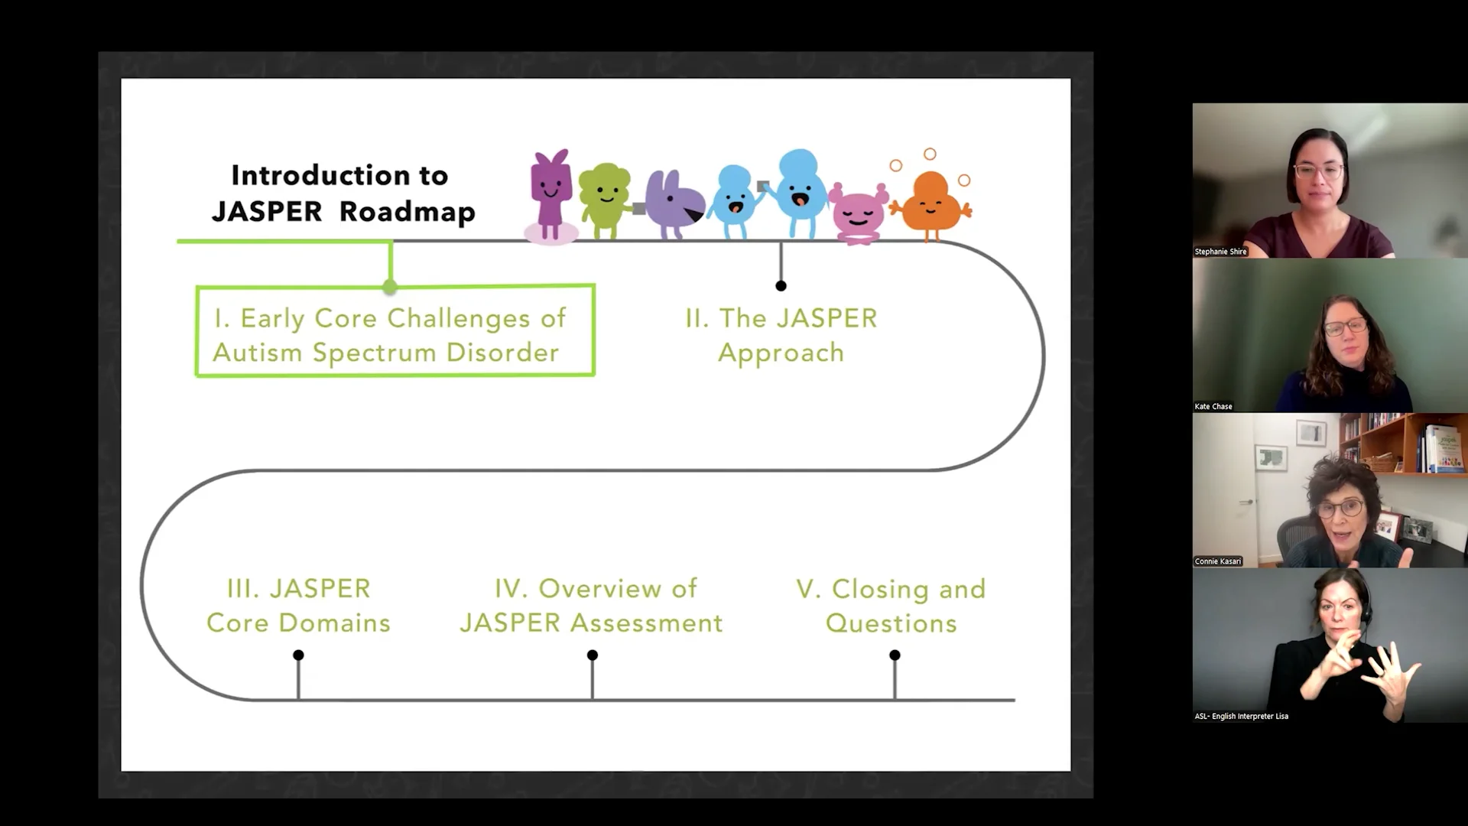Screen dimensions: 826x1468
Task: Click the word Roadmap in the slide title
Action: pos(408,212)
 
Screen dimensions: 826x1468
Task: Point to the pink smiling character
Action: pos(858,213)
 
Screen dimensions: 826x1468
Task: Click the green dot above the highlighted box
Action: pos(390,287)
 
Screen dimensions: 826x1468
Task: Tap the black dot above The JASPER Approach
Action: pos(781,286)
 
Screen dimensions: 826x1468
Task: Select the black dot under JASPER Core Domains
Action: pos(298,655)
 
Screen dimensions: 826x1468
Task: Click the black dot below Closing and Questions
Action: pos(895,655)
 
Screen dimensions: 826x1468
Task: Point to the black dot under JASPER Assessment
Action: pos(593,655)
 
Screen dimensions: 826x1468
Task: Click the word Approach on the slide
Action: pos(781,353)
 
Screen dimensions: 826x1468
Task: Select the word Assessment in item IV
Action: pos(646,623)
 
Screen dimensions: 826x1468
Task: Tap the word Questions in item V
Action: pos(891,623)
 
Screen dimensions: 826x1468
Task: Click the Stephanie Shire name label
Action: pos(1220,252)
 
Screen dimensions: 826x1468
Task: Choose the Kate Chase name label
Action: pos(1213,407)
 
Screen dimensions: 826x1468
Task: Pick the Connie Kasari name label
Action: pos(1218,561)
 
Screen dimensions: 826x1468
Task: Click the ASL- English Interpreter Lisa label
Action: pos(1241,717)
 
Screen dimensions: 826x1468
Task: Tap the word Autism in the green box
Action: pos(258,353)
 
